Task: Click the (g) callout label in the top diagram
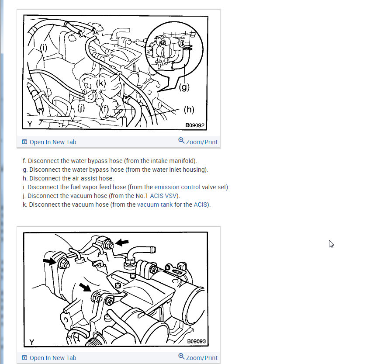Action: (184, 87)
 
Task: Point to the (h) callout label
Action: (189, 110)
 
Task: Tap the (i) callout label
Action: (44, 48)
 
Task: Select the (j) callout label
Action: (81, 107)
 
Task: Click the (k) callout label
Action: (101, 83)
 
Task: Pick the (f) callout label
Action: (105, 109)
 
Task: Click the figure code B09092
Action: (195, 125)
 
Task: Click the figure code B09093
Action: (197, 341)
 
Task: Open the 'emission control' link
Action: (177, 187)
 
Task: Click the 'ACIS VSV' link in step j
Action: (163, 196)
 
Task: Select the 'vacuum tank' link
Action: (155, 205)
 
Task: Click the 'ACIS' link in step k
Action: (200, 205)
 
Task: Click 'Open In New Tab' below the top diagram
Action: (49, 142)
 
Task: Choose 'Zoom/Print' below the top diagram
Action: (198, 142)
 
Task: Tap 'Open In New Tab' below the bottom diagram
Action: (49, 358)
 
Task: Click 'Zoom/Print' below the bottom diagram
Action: (198, 357)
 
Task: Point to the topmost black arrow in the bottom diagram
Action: (122, 242)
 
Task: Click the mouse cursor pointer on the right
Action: (331, 244)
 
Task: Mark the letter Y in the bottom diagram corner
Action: (32, 342)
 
